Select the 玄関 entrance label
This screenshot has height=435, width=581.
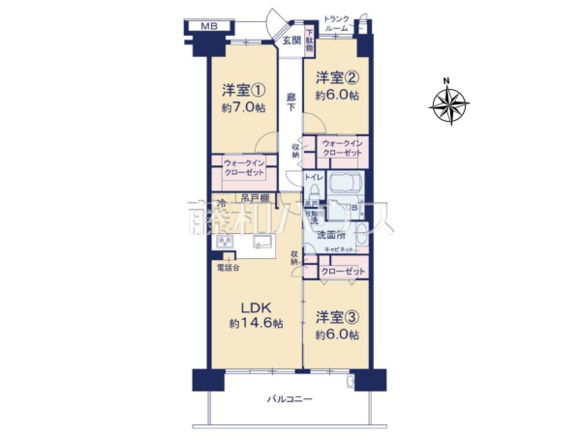pos(291,40)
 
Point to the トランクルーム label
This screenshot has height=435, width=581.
pos(337,24)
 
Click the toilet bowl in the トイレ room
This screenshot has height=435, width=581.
pos(313,192)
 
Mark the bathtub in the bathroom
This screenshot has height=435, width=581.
pos(347,185)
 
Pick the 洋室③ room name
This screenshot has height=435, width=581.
pos(336,316)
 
